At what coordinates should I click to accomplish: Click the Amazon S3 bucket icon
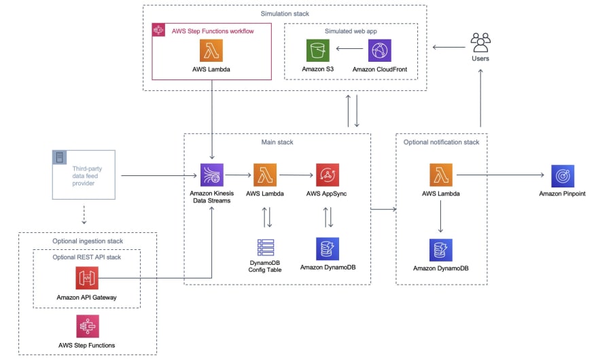click(x=318, y=50)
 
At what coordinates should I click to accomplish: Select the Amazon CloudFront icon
click(x=379, y=50)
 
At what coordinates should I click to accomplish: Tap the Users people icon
click(x=480, y=42)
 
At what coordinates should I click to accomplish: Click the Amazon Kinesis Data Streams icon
click(x=211, y=175)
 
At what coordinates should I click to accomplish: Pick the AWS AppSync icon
click(x=328, y=175)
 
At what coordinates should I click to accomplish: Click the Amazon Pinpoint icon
click(x=563, y=176)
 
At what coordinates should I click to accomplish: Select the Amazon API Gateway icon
click(x=87, y=278)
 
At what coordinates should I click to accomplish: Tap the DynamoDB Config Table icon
click(x=266, y=247)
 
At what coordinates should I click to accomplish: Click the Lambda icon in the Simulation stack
click(x=211, y=50)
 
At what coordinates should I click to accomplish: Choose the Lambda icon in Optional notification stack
click(x=441, y=175)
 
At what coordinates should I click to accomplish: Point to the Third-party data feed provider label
click(x=87, y=176)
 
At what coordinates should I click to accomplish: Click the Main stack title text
click(x=277, y=142)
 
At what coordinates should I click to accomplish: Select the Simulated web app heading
click(x=351, y=31)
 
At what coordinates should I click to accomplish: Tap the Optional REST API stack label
click(x=86, y=257)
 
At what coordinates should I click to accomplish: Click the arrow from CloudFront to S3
click(x=349, y=48)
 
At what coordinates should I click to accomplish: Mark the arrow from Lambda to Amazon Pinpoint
click(x=500, y=175)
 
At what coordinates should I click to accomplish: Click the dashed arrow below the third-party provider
click(x=84, y=215)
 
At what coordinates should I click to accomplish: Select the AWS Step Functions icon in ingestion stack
click(x=88, y=327)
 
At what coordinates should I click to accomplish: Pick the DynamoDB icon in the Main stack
click(x=328, y=249)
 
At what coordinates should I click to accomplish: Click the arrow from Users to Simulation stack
click(x=449, y=48)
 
